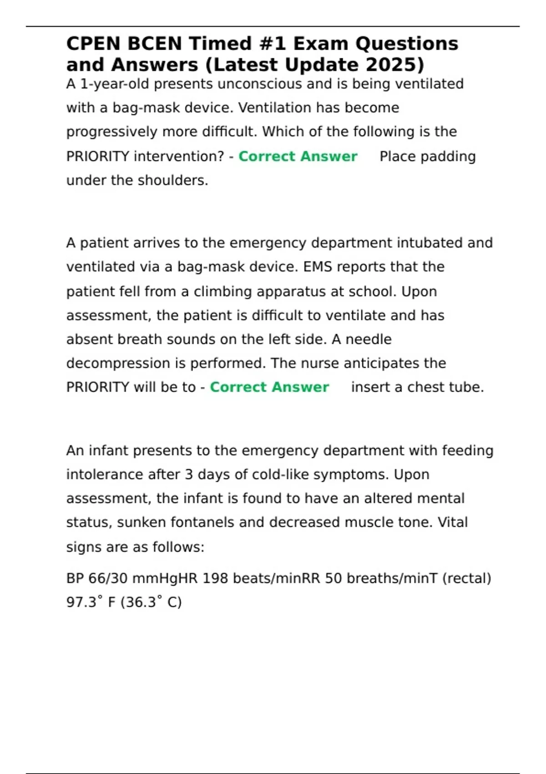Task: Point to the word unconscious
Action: coord(258,84)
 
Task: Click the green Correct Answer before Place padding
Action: coord(298,156)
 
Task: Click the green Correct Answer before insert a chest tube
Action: coord(269,387)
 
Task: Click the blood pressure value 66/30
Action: coord(108,578)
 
